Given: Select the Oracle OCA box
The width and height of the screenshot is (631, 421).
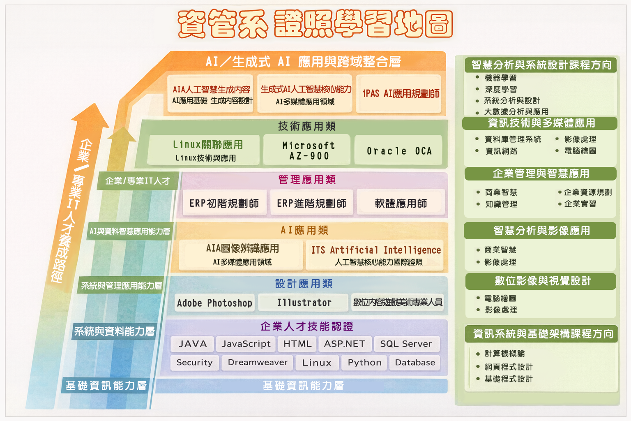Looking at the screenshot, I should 398,151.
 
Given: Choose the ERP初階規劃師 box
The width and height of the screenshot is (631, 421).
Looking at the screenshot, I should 224,203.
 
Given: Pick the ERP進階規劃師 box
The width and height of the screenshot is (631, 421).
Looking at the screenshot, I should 311,203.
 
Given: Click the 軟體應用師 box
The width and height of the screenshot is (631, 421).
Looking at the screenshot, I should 401,203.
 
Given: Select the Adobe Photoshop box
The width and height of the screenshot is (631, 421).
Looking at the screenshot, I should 214,303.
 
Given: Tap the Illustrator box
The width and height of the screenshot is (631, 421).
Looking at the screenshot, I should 304,303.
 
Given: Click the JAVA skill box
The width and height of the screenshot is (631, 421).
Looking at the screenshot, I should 192,344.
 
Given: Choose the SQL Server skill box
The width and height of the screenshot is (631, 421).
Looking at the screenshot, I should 406,344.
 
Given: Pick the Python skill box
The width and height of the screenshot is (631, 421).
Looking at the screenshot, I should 364,363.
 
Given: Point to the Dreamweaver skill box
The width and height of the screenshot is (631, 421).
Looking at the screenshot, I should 257,363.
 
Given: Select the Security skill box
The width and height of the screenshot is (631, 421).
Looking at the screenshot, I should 194,363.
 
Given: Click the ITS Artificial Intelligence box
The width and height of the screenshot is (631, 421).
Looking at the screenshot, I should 375,255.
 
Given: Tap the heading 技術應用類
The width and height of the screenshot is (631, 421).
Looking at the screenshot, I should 306,126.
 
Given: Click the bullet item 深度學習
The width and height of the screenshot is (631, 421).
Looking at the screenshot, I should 500,90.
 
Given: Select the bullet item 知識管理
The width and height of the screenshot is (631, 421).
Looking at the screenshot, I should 501,204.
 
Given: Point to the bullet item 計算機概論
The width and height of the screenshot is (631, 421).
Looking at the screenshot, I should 504,354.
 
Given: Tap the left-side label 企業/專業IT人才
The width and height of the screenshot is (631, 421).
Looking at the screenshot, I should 138,181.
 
